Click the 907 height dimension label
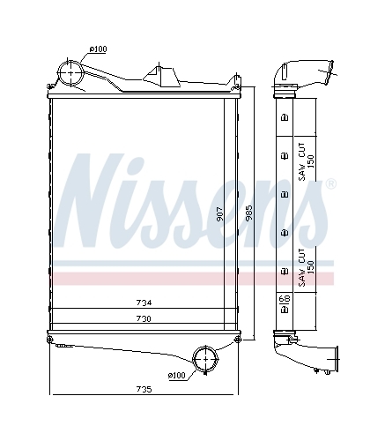[x=220, y=213]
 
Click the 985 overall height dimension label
[x=249, y=213]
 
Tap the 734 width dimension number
[x=144, y=303]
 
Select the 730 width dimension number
[x=144, y=318]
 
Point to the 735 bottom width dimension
[x=144, y=389]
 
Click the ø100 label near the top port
[x=99, y=49]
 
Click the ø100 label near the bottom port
[x=177, y=375]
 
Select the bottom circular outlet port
[x=205, y=359]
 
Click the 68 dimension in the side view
[x=285, y=299]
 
